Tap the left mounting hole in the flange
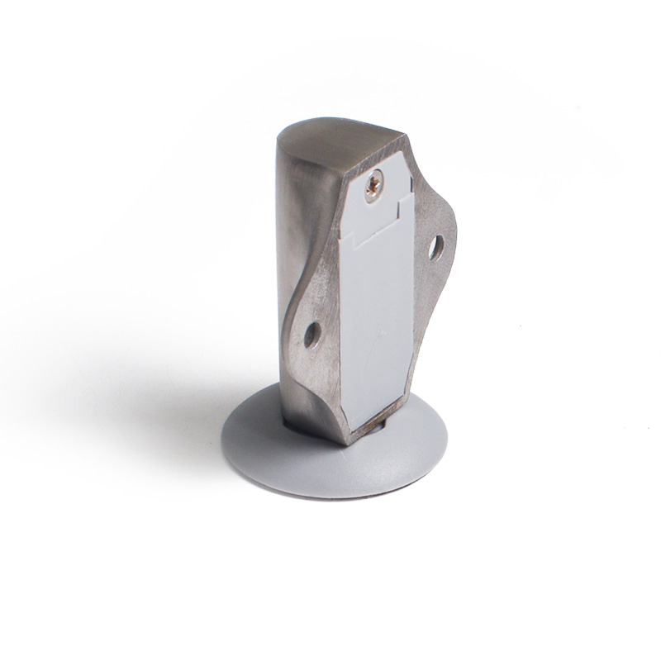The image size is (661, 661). (311, 335)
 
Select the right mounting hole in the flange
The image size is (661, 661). (435, 245)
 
